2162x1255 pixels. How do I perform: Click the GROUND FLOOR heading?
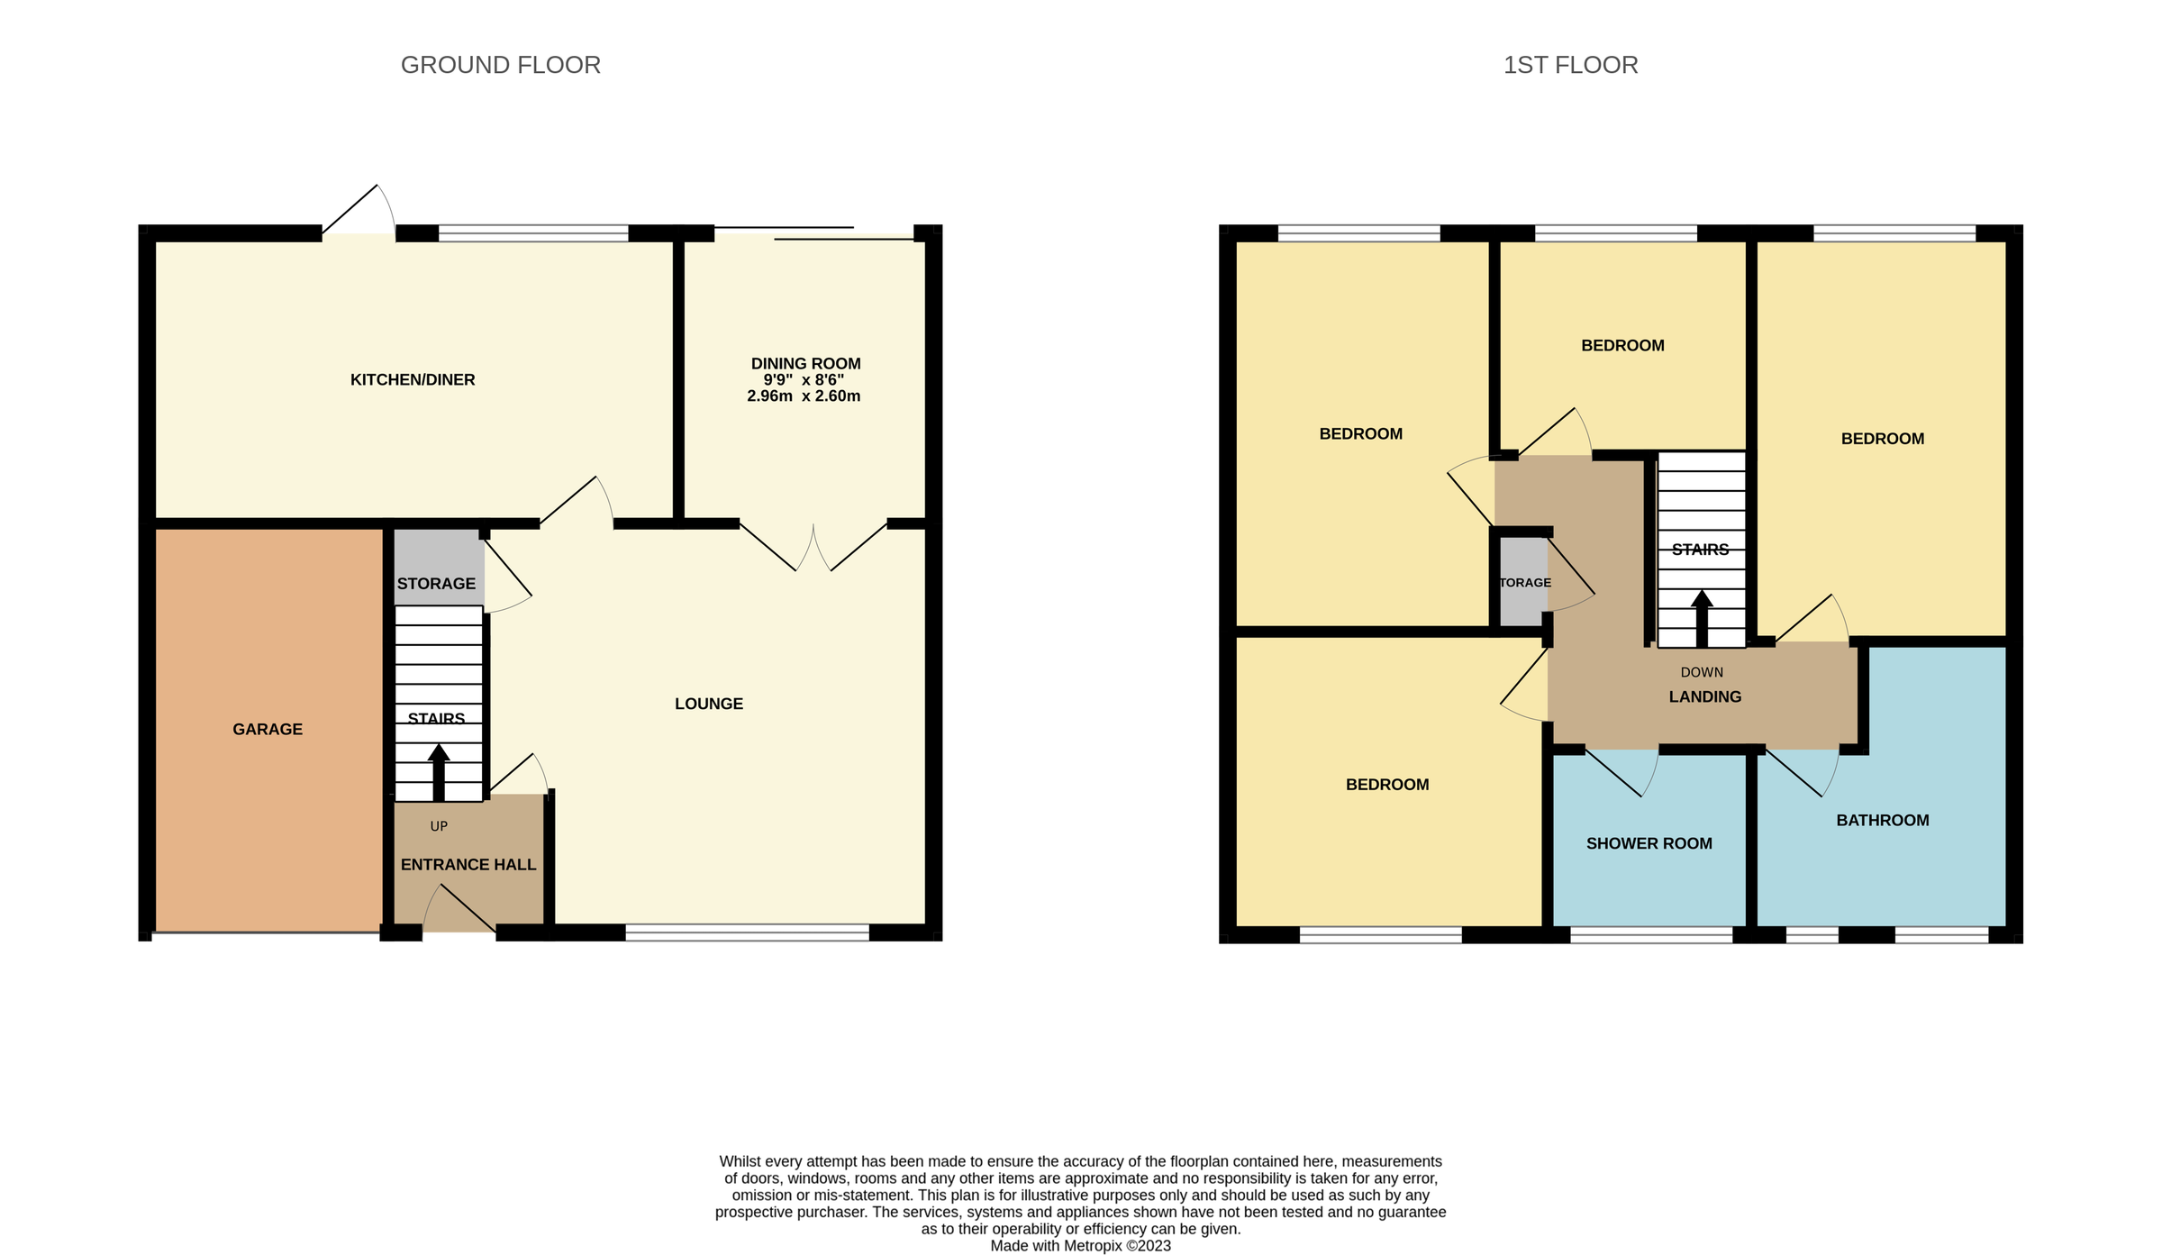(x=500, y=65)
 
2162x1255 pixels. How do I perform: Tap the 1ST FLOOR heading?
(x=1569, y=65)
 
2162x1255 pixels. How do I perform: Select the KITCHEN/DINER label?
(x=413, y=379)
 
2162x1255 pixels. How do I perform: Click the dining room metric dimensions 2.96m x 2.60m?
(x=803, y=396)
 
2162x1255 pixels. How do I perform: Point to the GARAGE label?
(x=268, y=729)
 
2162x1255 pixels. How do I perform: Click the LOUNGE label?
(x=708, y=704)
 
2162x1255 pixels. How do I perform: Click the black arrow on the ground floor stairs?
(x=439, y=772)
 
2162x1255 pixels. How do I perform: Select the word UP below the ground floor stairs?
(x=439, y=826)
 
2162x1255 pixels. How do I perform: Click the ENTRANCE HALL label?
(x=468, y=864)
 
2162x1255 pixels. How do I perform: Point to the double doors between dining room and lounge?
(x=813, y=547)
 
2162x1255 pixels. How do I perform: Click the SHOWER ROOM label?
(x=1649, y=843)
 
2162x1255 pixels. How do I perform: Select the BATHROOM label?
(x=1882, y=820)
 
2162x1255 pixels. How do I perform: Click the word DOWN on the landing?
(x=1701, y=672)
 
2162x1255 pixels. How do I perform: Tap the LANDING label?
(x=1704, y=696)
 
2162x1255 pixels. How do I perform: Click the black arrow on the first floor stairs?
(x=1701, y=619)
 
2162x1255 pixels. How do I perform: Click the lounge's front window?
(x=747, y=932)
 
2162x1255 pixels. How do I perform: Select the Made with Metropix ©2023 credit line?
(x=1080, y=1245)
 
